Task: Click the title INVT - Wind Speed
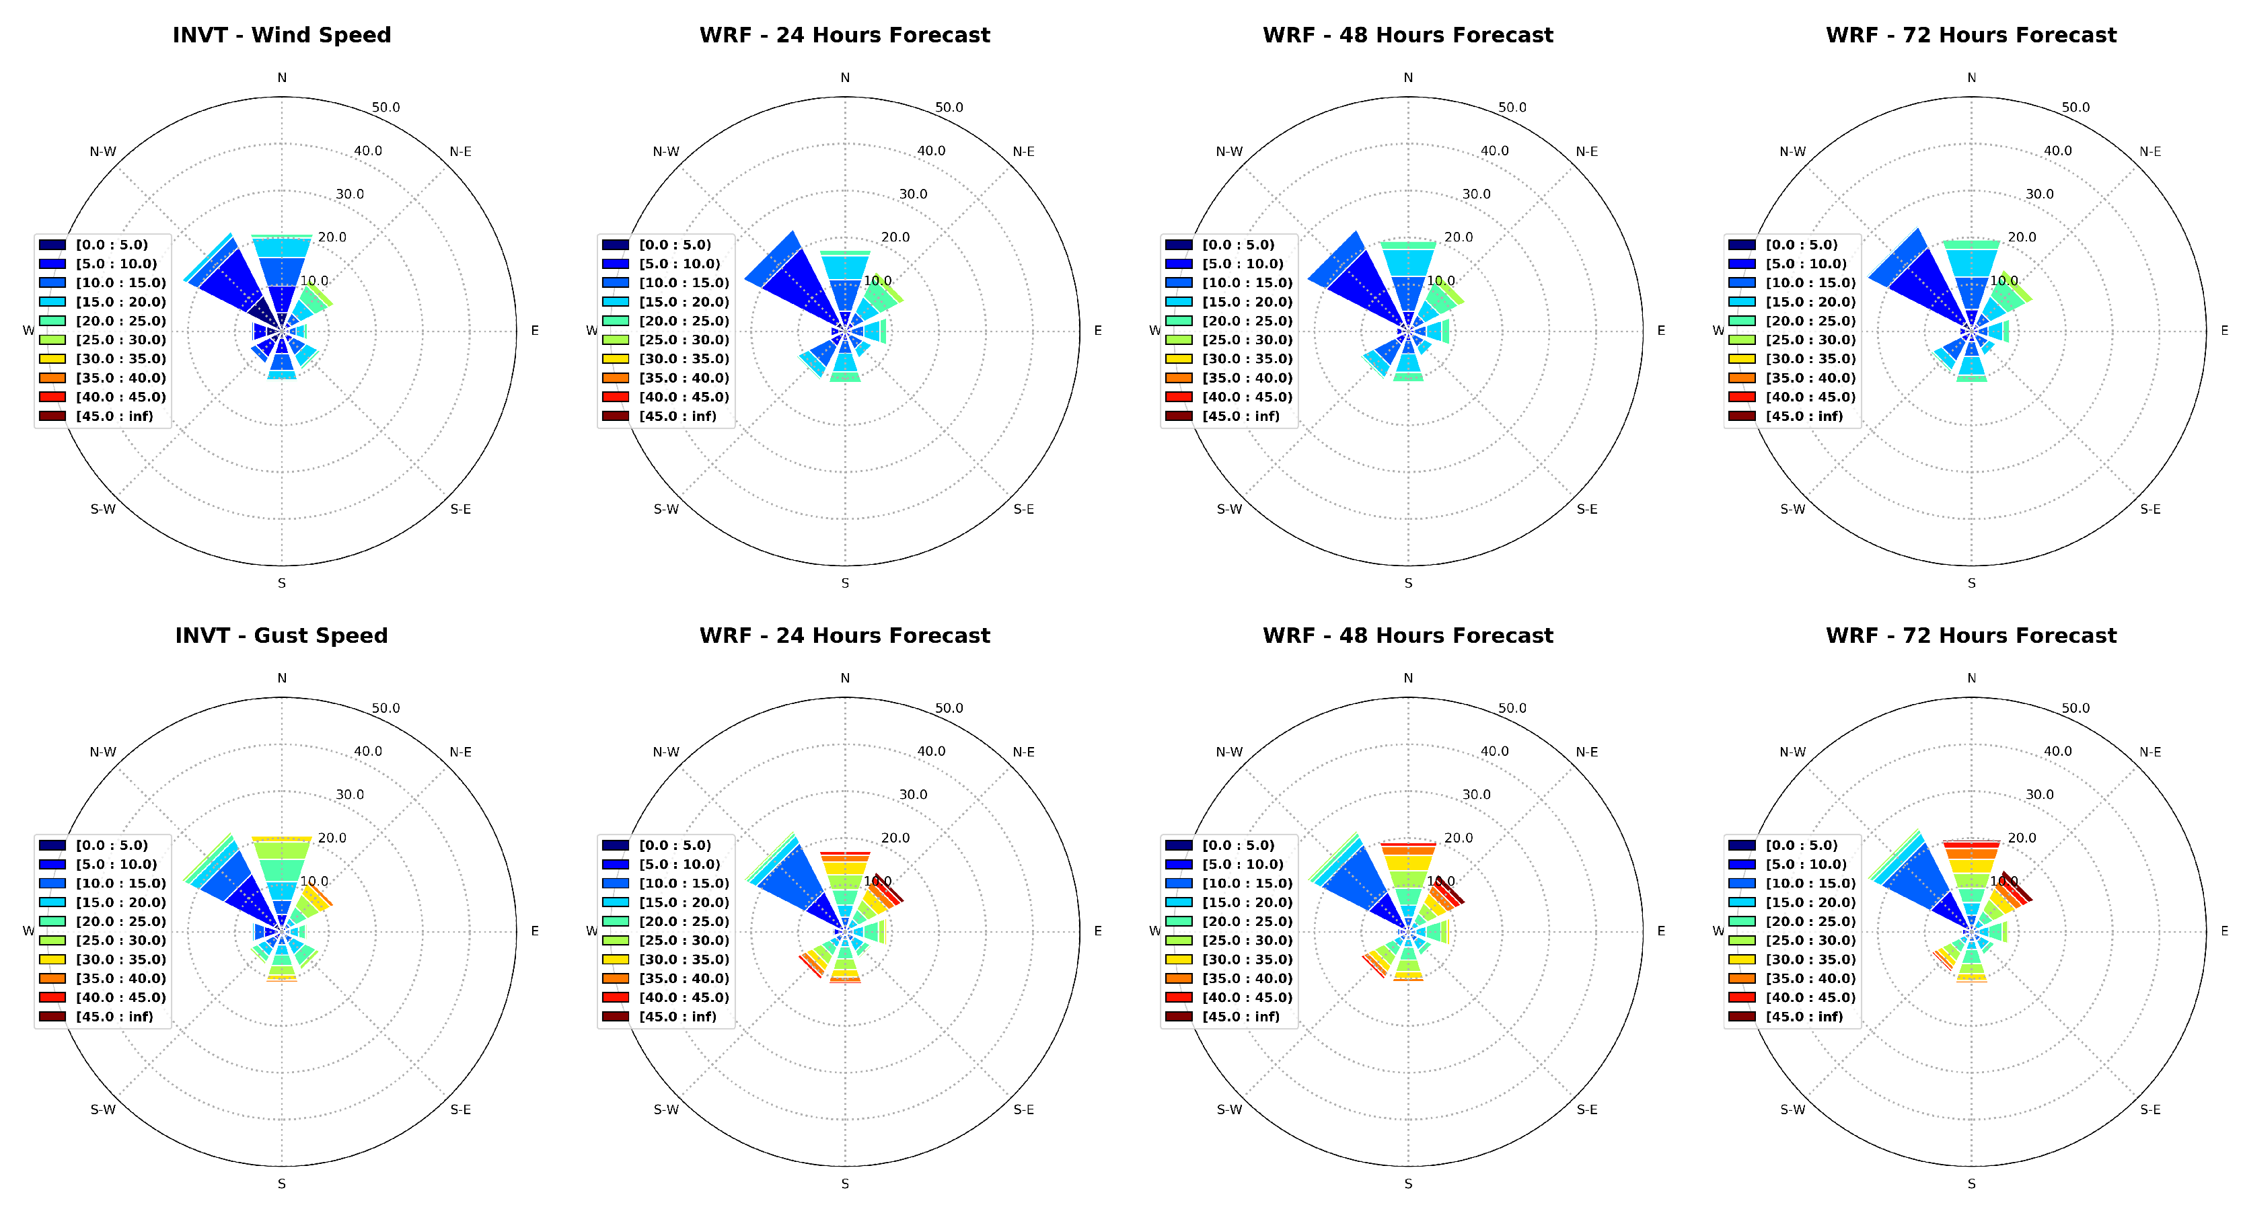[x=281, y=35]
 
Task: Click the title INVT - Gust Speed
[x=281, y=635]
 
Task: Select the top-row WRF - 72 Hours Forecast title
[x=1971, y=35]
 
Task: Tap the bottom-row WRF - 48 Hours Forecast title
[x=1407, y=635]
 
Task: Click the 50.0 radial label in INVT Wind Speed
[x=385, y=107]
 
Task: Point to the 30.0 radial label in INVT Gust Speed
[x=350, y=795]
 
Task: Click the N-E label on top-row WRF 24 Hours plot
[x=1023, y=151]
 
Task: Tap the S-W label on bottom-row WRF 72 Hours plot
[x=1792, y=1109]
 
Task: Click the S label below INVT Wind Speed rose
[x=281, y=583]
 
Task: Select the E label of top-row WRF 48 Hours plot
[x=1660, y=331]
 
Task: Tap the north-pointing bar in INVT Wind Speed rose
[x=281, y=270]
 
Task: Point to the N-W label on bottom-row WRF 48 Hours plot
[x=1228, y=752]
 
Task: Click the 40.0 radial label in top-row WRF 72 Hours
[x=2057, y=151]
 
